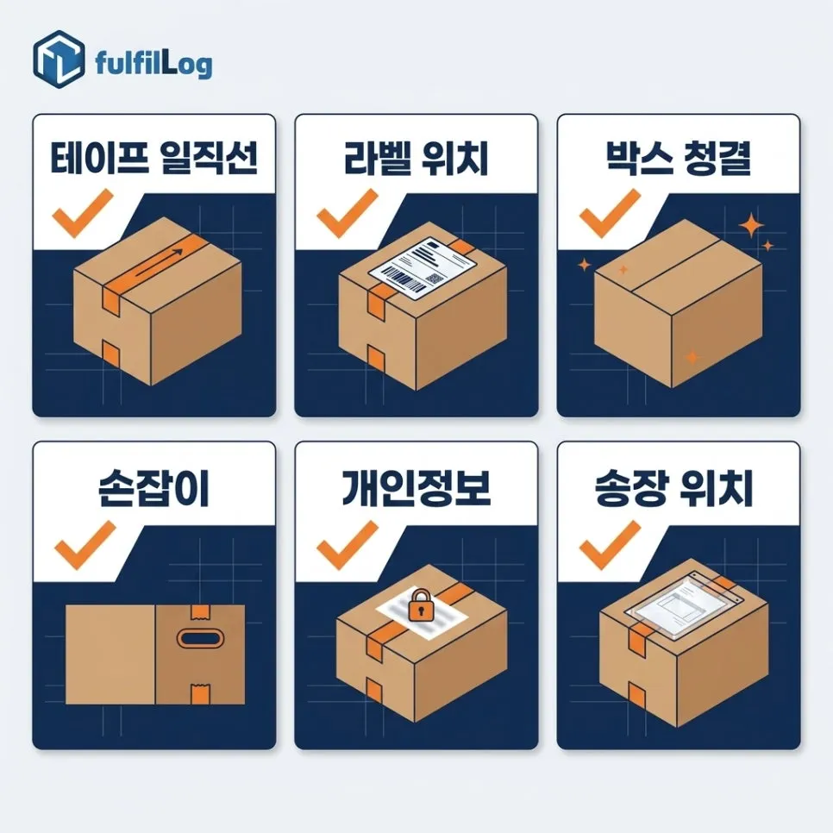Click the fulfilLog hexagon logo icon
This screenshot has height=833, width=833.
click(59, 59)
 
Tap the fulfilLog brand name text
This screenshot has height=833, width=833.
click(153, 64)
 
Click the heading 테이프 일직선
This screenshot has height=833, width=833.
click(154, 158)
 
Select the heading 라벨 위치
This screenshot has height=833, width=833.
click(416, 158)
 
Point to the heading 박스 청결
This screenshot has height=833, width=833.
click(679, 158)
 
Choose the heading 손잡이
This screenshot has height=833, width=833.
click(154, 489)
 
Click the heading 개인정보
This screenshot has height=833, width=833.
click(416, 489)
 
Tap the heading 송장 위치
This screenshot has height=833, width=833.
click(673, 489)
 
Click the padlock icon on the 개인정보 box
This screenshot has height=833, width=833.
click(420, 604)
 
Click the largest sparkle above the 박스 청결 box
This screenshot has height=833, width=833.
click(751, 225)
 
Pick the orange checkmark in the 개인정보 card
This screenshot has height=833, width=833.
click(347, 546)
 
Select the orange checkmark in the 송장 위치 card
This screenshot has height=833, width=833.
click(610, 546)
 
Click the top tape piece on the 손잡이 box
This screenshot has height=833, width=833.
click(200, 612)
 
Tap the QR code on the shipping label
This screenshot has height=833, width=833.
click(435, 279)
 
